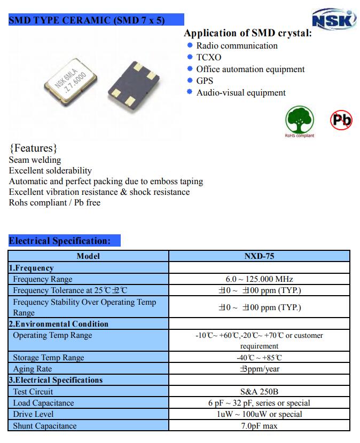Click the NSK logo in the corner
coord(334,19)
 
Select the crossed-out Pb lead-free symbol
coord(341,120)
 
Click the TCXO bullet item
coord(208,57)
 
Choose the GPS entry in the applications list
coord(205,81)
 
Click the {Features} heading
coord(33,148)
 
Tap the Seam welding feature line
coord(35,160)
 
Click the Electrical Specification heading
coord(60,241)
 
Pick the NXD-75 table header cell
coord(259,256)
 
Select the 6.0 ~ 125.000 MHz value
coord(259,279)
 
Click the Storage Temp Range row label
coord(49,358)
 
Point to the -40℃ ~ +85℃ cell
coord(259,358)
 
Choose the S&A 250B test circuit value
coord(259,392)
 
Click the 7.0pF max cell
coord(259,426)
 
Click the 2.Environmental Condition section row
coord(58,324)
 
